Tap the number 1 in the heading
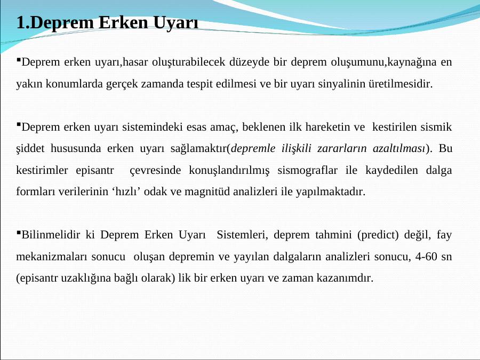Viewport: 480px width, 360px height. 21,22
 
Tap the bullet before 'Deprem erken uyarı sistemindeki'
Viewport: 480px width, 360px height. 18,124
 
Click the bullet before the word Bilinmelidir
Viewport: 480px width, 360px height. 18,232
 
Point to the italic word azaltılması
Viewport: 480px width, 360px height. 399,148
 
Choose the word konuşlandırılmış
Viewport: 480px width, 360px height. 229,171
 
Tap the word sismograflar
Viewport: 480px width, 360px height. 307,170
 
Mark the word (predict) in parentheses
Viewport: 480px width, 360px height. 378,235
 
